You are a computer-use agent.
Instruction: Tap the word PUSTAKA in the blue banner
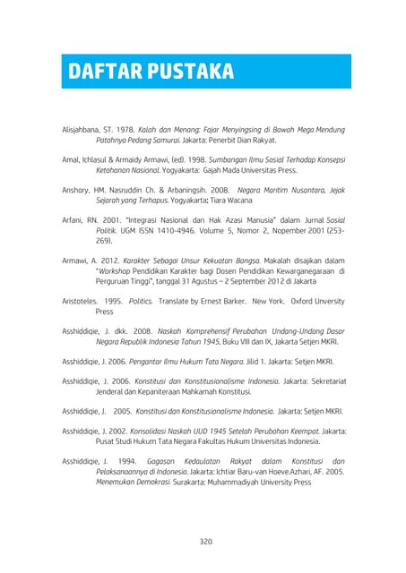[186, 70]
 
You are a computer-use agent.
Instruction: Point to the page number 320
[205, 541]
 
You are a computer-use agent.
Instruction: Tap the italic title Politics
[141, 301]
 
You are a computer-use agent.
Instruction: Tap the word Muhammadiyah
[237, 482]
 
